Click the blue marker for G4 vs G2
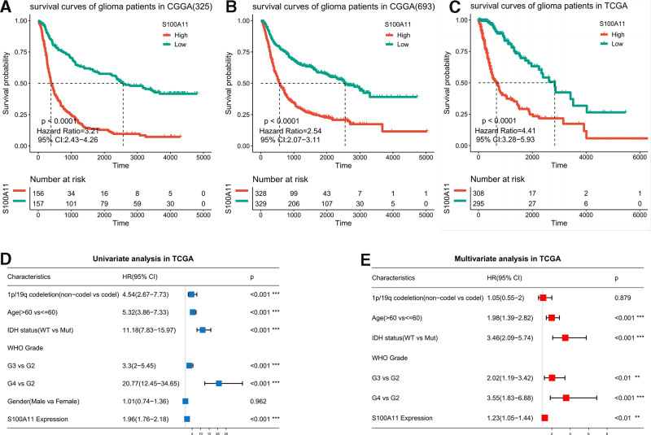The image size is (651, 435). coord(219,383)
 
